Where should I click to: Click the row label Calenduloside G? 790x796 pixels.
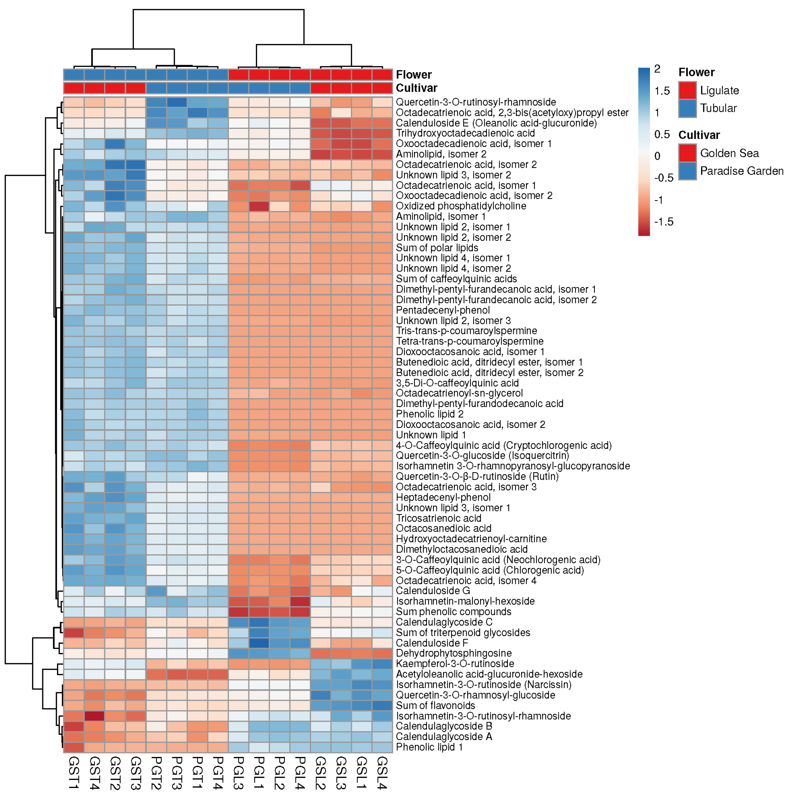coord(433,591)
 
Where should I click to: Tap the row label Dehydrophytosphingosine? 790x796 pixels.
coord(453,653)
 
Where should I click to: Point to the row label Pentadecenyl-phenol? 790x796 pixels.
coord(442,310)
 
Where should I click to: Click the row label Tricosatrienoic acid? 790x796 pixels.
coord(439,518)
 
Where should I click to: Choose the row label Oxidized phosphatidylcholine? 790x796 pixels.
coord(461,206)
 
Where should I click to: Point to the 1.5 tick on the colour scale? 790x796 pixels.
coord(662,91)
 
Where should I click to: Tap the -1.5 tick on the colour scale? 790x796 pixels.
coord(664,222)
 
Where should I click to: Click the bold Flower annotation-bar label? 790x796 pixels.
coord(413,75)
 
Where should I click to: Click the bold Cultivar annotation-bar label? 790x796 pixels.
coord(416,88)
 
